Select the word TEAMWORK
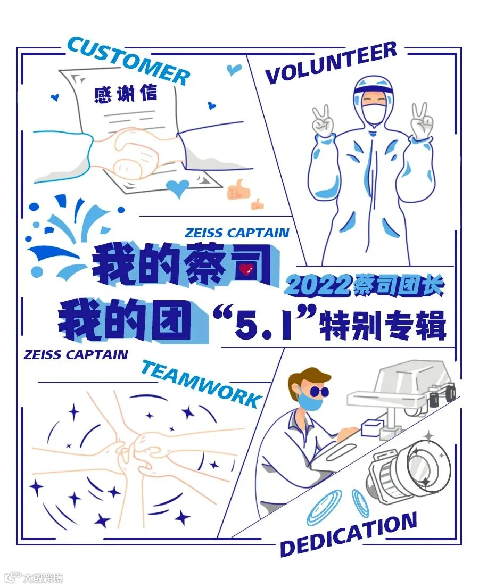coord(202,383)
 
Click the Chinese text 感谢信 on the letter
coord(126,94)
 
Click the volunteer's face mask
coord(374,112)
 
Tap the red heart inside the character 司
coord(246,269)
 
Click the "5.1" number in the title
coord(264,323)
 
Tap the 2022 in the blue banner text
coord(318,286)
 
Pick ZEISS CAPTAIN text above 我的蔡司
coord(237,233)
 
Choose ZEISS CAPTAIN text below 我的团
coord(76,354)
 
